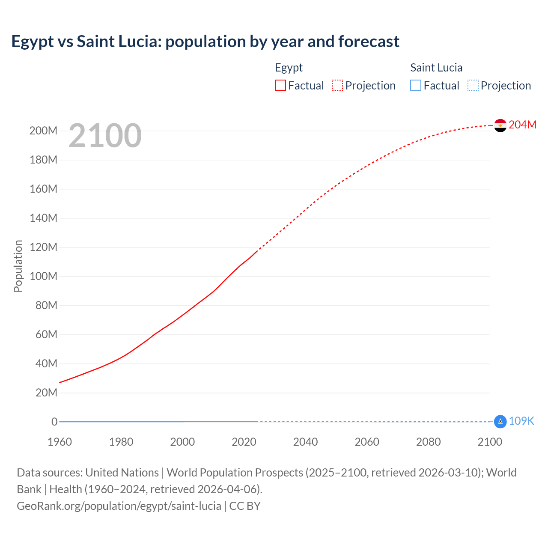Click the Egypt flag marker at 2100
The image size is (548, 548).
coord(500,125)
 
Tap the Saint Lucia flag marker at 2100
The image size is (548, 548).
coord(500,422)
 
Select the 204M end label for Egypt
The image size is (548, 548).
coord(522,125)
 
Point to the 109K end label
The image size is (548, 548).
coord(521,421)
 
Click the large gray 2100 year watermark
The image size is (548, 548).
coord(105,136)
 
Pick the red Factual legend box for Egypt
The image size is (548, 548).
coord(280,86)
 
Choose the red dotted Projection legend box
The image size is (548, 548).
coord(337,86)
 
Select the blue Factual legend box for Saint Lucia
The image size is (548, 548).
coord(416,86)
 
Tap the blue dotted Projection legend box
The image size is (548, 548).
coord(473,86)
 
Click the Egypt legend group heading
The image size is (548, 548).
coord(289,68)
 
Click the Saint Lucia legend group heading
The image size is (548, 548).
coord(436,68)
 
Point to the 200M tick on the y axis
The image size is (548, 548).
coord(43,131)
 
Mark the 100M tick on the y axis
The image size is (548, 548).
coord(43,277)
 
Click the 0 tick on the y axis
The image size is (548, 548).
coord(54,422)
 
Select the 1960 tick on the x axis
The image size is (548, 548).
coord(60,442)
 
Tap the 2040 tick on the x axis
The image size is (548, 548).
coord(305,442)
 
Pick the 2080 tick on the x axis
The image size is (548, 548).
coord(428,442)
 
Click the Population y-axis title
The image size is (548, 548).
coord(18,266)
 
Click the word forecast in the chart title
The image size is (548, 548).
coord(369,42)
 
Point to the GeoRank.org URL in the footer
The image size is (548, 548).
coord(119,506)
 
